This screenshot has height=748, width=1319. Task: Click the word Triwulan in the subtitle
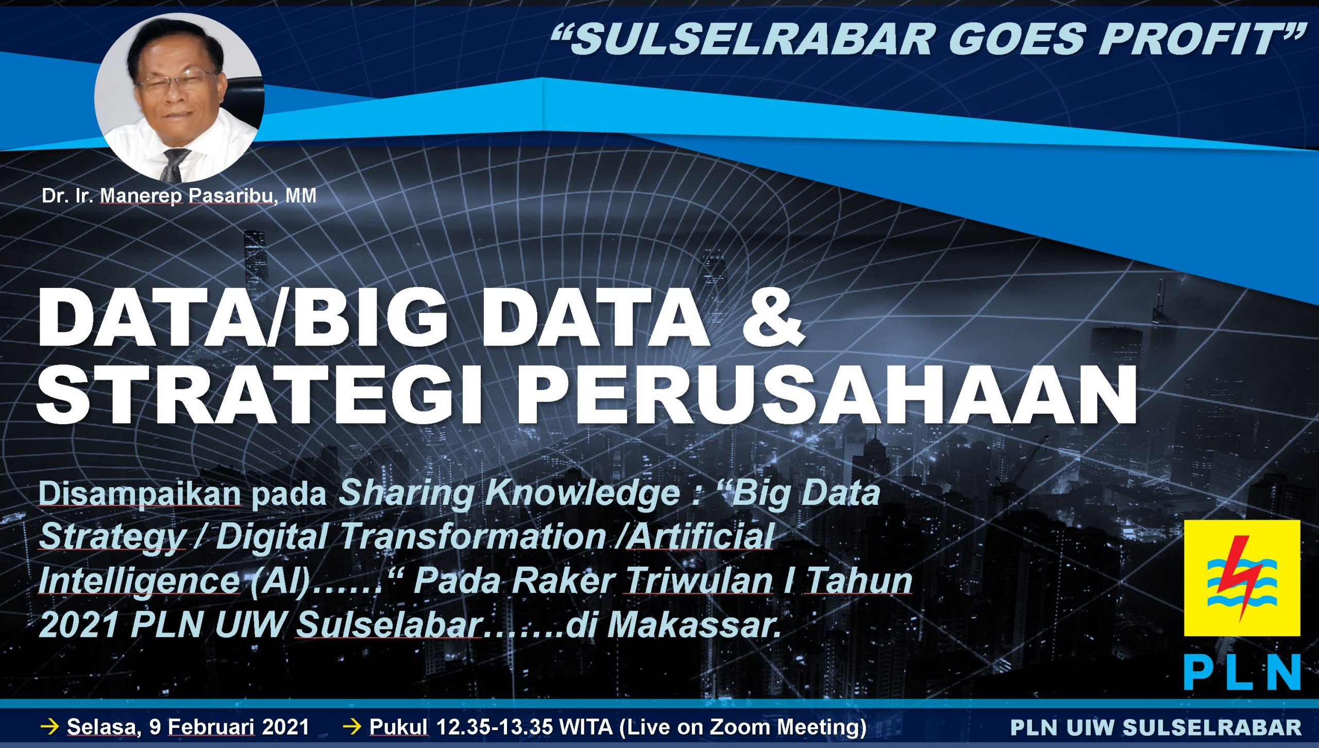coord(698,581)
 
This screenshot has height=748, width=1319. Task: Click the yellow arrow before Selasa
coord(50,727)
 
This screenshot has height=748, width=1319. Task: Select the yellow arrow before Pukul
coord(352,727)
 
